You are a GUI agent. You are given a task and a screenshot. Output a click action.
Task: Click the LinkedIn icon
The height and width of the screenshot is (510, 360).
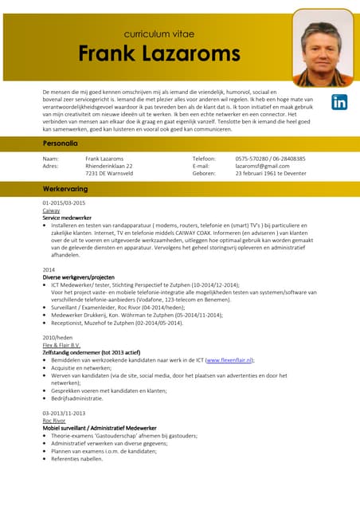pyautogui.click(x=339, y=102)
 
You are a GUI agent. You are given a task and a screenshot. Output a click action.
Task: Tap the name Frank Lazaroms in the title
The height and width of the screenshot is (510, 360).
pyautogui.click(x=158, y=54)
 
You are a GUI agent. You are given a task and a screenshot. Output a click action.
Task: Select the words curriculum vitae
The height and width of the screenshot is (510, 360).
pyautogui.click(x=158, y=34)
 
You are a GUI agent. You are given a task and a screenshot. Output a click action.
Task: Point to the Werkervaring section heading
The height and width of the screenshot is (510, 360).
pyautogui.click(x=65, y=189)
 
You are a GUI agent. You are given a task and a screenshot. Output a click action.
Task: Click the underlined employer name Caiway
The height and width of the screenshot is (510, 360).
pyautogui.click(x=51, y=210)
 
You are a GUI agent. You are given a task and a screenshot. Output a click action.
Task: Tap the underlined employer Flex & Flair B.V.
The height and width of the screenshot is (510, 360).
pyautogui.click(x=61, y=346)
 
